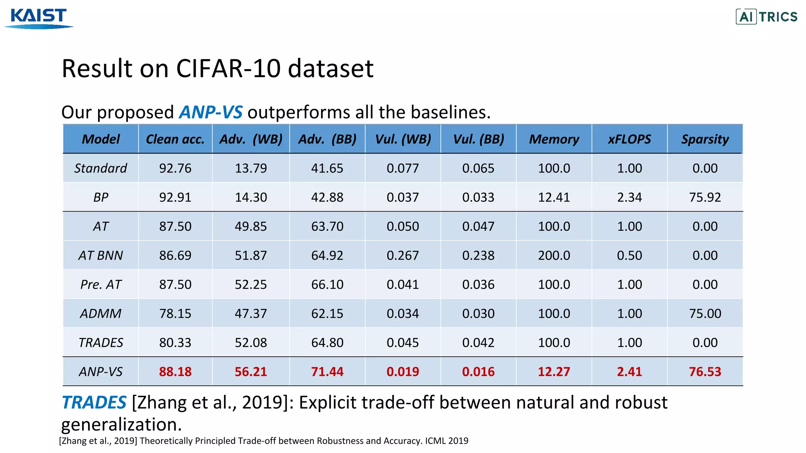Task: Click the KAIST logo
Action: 39,18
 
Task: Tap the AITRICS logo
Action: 766,17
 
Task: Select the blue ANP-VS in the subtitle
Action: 211,112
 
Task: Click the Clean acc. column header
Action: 175,139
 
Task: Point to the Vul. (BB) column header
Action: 478,139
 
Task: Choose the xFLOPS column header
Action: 629,139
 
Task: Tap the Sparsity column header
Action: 705,139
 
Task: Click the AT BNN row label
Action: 101,256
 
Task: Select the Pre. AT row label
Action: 101,285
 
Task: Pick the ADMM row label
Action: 101,314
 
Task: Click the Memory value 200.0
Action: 554,256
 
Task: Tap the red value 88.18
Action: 175,372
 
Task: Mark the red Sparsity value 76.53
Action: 705,372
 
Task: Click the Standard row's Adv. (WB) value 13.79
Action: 251,168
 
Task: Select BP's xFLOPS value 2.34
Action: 629,197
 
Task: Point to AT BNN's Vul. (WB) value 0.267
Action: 403,256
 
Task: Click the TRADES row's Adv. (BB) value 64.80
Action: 327,343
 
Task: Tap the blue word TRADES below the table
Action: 94,403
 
